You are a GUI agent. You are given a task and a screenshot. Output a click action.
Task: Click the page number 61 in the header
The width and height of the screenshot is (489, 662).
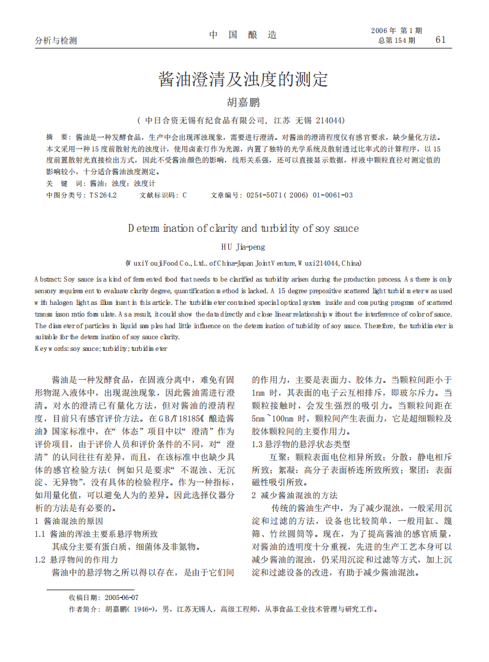point(440,40)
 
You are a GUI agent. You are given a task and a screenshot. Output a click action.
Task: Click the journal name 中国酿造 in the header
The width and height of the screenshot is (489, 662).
point(243,35)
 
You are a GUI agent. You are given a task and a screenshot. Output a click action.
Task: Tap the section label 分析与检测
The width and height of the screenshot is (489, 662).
point(56,40)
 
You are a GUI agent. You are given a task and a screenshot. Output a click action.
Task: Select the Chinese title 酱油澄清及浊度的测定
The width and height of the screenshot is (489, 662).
point(244,79)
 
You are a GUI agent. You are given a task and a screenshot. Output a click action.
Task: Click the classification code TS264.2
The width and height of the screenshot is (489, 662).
point(102,195)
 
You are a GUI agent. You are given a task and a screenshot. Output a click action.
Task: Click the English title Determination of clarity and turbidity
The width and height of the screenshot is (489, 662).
point(244,228)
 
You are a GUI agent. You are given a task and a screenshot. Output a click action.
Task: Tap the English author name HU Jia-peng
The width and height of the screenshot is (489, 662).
point(244,247)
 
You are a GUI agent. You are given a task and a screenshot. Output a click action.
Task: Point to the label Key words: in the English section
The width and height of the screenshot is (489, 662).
point(52,348)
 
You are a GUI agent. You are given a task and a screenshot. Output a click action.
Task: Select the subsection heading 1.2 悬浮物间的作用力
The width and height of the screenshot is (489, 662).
point(76,560)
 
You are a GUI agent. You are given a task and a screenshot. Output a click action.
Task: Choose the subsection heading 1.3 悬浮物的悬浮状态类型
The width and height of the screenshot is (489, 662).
point(301,444)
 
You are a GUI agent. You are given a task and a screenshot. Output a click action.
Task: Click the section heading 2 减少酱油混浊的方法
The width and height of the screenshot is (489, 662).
point(295,495)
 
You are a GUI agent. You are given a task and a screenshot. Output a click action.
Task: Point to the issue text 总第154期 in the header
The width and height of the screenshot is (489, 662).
point(397,41)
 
